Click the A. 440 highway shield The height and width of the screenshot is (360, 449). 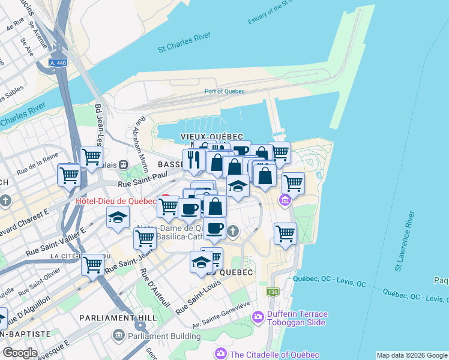pos(58,62)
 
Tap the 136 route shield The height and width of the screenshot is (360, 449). pos(273,292)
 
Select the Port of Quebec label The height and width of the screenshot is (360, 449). pos(224,91)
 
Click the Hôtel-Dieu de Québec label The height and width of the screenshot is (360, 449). pos(115,201)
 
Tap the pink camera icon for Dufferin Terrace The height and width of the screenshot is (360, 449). pos(258,316)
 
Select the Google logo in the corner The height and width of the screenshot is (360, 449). pos(20,353)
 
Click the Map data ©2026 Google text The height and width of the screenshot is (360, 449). pos(412,355)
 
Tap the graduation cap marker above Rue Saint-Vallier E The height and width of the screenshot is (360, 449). pos(118,218)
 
